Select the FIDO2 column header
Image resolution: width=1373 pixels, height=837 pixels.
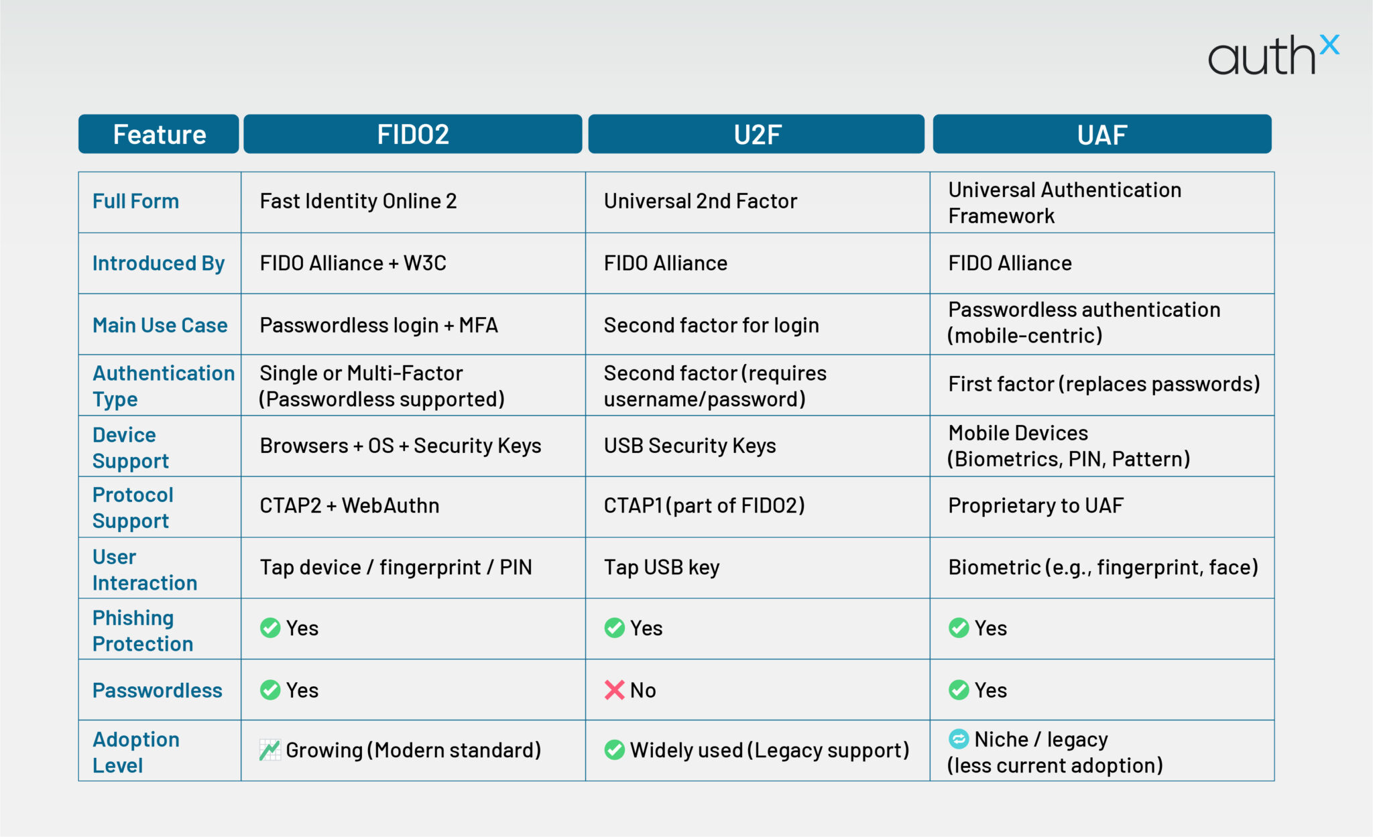pyautogui.click(x=412, y=135)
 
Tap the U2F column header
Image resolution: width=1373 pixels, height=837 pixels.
pyautogui.click(x=757, y=135)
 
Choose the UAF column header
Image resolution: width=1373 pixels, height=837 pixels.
pyautogui.click(x=1101, y=135)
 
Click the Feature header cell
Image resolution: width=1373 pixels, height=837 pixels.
pyautogui.click(x=159, y=135)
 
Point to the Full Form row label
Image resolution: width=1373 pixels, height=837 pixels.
pyautogui.click(x=135, y=201)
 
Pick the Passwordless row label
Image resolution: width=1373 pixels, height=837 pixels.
pyautogui.click(x=157, y=690)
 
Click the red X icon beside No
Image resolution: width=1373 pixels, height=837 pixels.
pyautogui.click(x=614, y=690)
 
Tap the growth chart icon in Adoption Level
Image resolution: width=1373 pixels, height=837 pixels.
pyautogui.click(x=270, y=750)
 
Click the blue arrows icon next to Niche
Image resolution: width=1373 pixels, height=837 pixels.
pyautogui.click(x=959, y=739)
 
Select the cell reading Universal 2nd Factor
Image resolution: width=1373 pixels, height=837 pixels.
pyautogui.click(x=700, y=201)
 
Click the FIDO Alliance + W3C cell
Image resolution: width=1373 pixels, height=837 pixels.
pyautogui.click(x=353, y=263)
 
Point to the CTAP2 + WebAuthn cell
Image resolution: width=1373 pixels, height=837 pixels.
pyautogui.click(x=349, y=505)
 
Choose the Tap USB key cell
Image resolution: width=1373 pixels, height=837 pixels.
pyautogui.click(x=661, y=568)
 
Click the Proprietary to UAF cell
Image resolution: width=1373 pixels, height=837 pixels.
pyautogui.click(x=1035, y=505)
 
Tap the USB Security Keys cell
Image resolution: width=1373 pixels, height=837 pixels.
pyautogui.click(x=689, y=446)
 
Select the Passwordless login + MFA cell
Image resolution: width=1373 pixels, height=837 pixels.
pyautogui.click(x=378, y=325)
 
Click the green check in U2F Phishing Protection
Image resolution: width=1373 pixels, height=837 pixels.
pyautogui.click(x=614, y=628)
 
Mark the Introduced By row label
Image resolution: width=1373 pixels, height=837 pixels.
pyautogui.click(x=158, y=263)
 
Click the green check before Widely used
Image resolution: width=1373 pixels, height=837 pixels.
pyautogui.click(x=614, y=750)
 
